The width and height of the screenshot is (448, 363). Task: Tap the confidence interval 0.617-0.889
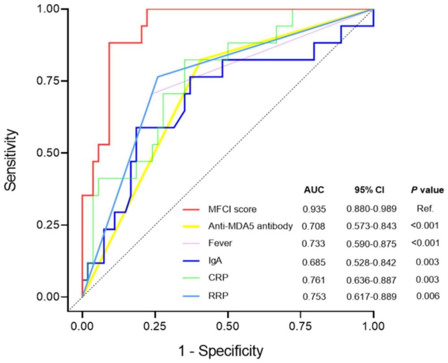pyautogui.click(x=371, y=297)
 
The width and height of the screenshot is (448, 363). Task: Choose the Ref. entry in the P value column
pyautogui.click(x=426, y=209)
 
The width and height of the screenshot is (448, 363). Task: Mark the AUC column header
pyautogui.click(x=314, y=190)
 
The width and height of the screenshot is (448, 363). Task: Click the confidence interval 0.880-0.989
pyautogui.click(x=371, y=209)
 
